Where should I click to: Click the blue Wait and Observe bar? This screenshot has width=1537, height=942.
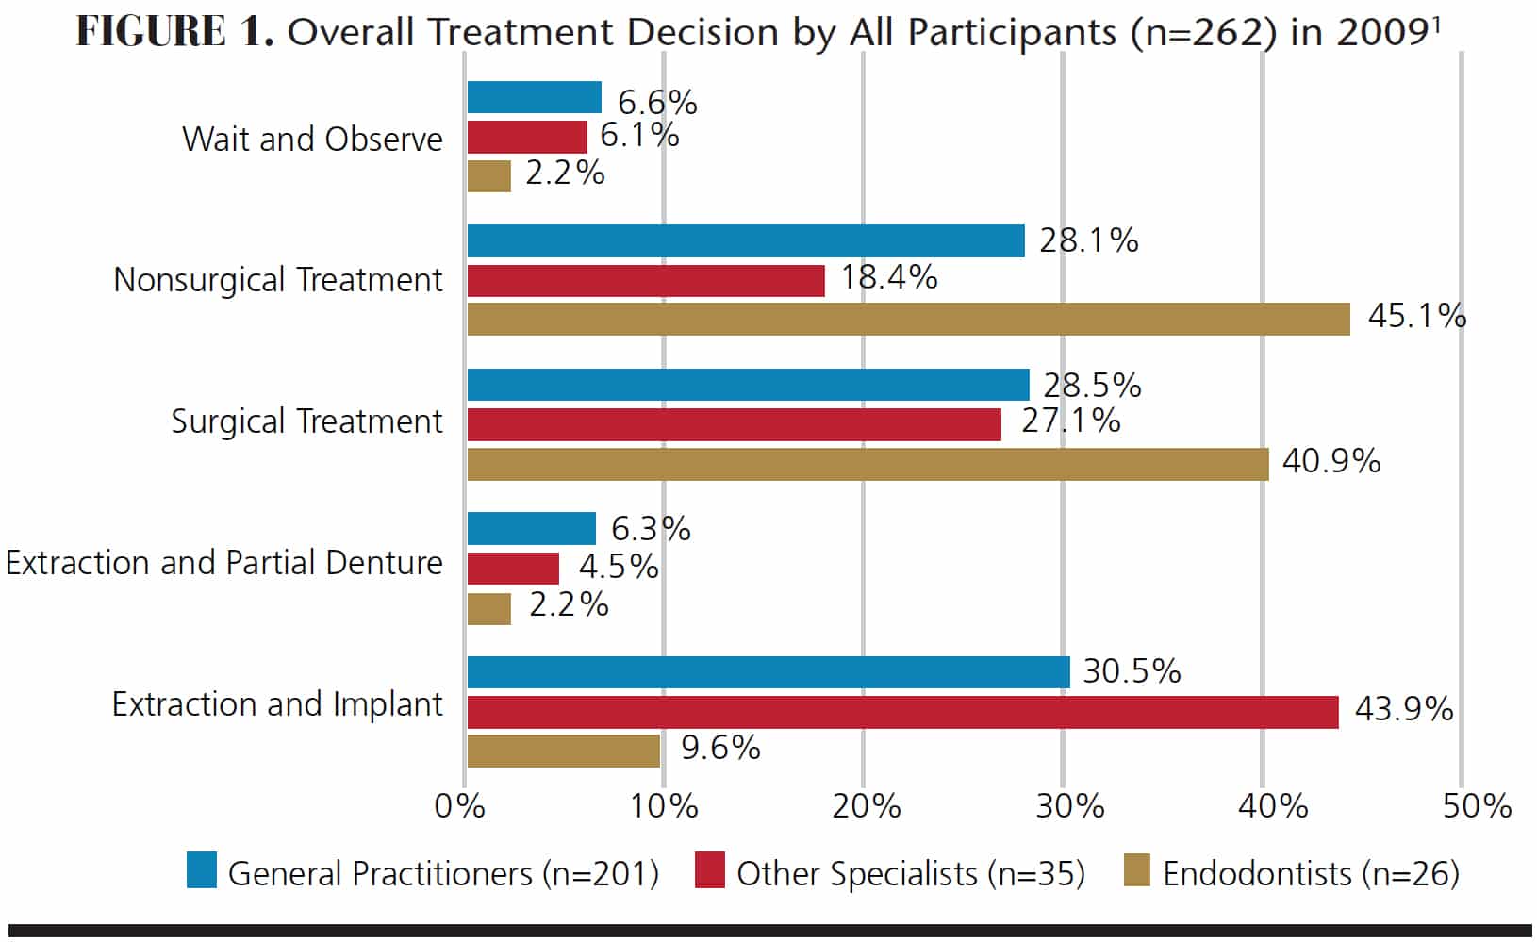[535, 97]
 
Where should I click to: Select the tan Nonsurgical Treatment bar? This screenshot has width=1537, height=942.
[908, 319]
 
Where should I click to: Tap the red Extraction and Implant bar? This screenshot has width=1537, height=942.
[903, 712]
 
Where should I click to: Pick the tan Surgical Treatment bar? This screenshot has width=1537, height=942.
[868, 465]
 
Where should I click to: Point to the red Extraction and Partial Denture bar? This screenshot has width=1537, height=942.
[513, 568]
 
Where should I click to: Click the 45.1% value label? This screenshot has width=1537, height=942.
[1417, 316]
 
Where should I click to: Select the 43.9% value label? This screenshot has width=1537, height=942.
[1404, 709]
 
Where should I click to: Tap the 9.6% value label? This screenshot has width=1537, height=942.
[720, 748]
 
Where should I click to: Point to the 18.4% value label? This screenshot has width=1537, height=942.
[889, 278]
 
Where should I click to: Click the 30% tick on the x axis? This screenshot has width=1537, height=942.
[1069, 806]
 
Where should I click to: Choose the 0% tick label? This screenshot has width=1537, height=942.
[460, 806]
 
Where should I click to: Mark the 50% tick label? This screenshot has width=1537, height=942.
[1477, 806]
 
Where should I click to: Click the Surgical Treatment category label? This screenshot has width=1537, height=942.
[306, 421]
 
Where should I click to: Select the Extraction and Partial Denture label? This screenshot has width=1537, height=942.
[224, 563]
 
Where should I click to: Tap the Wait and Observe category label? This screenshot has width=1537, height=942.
[312, 140]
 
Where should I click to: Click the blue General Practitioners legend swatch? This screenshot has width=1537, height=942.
[202, 870]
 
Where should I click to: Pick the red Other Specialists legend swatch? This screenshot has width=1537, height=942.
[709, 870]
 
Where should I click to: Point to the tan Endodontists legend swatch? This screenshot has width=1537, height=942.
[1137, 869]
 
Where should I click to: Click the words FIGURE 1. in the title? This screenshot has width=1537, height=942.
[175, 31]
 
